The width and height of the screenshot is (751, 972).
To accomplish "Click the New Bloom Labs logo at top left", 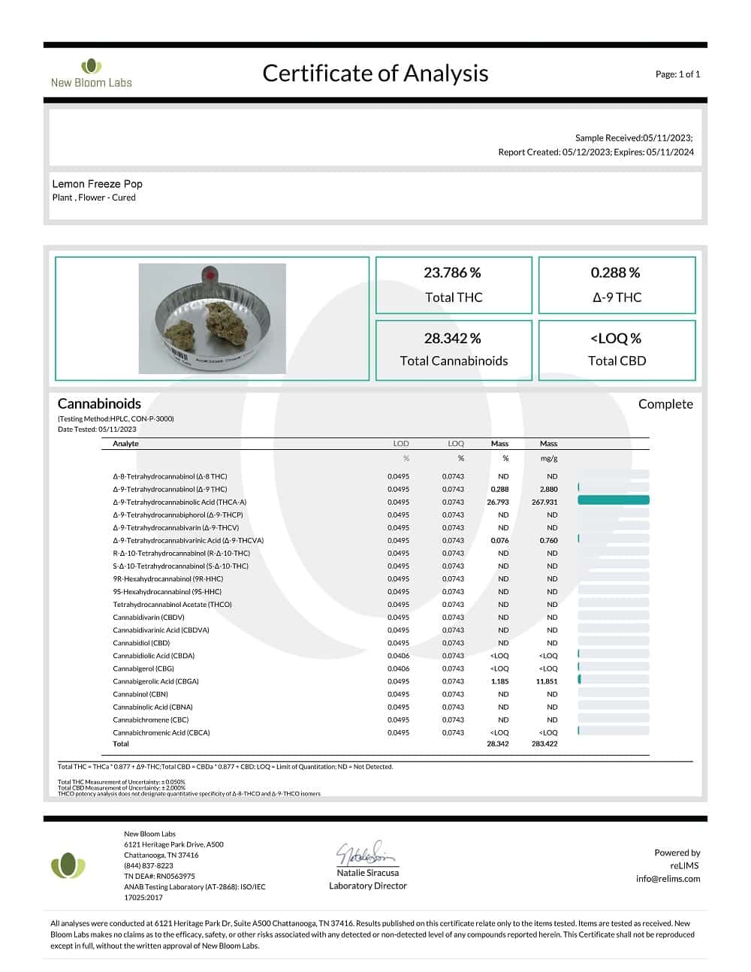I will pyautogui.click(x=91, y=74).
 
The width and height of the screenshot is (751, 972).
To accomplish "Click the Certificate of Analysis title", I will pyautogui.click(x=375, y=73).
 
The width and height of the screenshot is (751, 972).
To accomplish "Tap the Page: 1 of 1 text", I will pyautogui.click(x=677, y=74).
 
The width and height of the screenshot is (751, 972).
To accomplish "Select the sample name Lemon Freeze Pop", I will pyautogui.click(x=97, y=184).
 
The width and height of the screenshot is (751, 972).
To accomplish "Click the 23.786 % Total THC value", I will pyautogui.click(x=452, y=273).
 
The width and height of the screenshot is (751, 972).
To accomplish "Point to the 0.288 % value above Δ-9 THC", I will pyautogui.click(x=615, y=273).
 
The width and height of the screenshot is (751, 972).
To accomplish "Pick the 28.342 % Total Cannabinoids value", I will pyautogui.click(x=452, y=339).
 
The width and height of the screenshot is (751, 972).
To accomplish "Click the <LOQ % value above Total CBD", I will pyautogui.click(x=616, y=339).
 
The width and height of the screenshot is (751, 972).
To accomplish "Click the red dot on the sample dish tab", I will pyautogui.click(x=210, y=275).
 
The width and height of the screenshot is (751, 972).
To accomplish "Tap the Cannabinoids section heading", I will pyautogui.click(x=99, y=403).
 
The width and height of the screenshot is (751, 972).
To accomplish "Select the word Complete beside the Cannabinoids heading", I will pyautogui.click(x=665, y=404).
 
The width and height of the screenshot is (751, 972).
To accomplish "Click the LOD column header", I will pyautogui.click(x=401, y=444).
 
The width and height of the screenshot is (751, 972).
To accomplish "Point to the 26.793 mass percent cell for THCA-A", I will pyautogui.click(x=498, y=503).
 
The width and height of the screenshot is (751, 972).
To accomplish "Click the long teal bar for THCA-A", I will pyautogui.click(x=614, y=500).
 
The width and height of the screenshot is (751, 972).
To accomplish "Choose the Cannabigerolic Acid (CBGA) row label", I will pyautogui.click(x=155, y=682).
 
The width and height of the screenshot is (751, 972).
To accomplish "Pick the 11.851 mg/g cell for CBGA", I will pyautogui.click(x=547, y=682).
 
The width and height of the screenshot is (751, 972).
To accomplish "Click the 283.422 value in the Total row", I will pyautogui.click(x=544, y=744).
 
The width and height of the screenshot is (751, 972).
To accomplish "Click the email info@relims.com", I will pyautogui.click(x=668, y=879).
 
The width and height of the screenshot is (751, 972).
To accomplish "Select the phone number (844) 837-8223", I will pyautogui.click(x=149, y=865).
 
